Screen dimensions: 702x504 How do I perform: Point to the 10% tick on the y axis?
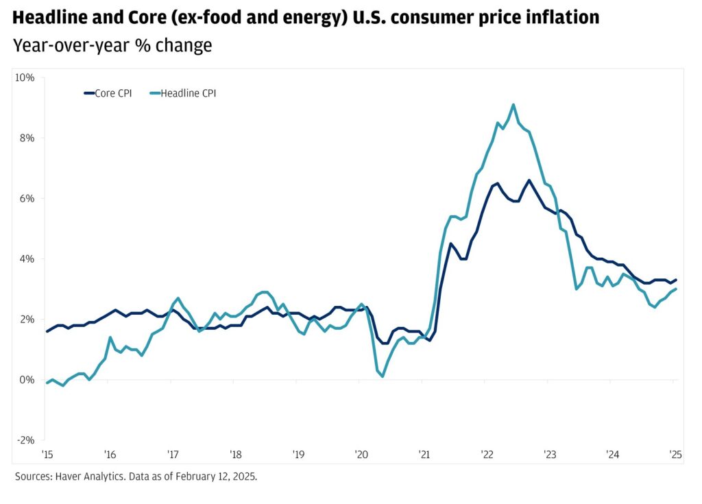pyautogui.click(x=25, y=77)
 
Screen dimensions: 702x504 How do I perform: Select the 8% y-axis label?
pyautogui.click(x=27, y=137)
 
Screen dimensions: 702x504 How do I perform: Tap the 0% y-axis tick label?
pyautogui.click(x=27, y=379)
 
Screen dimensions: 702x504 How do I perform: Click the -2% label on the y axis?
pyautogui.click(x=26, y=440)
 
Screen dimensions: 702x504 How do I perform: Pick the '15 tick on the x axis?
pyautogui.click(x=47, y=454)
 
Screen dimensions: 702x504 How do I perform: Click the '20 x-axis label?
pyautogui.click(x=361, y=454)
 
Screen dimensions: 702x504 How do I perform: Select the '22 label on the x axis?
pyautogui.click(x=487, y=454)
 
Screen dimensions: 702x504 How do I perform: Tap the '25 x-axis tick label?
pyautogui.click(x=675, y=454)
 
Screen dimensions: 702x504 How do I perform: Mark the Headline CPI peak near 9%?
pyautogui.click(x=513, y=105)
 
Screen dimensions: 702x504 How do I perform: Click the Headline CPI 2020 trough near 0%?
pyautogui.click(x=383, y=376)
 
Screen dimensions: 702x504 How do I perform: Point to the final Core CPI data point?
pyautogui.click(x=677, y=280)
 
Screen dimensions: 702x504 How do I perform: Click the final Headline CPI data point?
pyautogui.click(x=677, y=289)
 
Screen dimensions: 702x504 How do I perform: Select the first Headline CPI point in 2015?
pyautogui.click(x=47, y=383)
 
